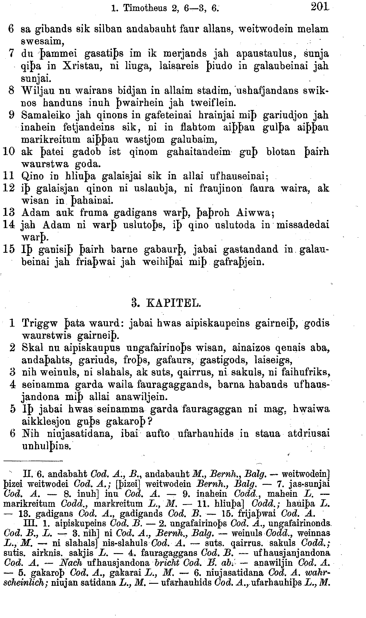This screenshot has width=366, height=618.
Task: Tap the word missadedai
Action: point(303,225)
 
